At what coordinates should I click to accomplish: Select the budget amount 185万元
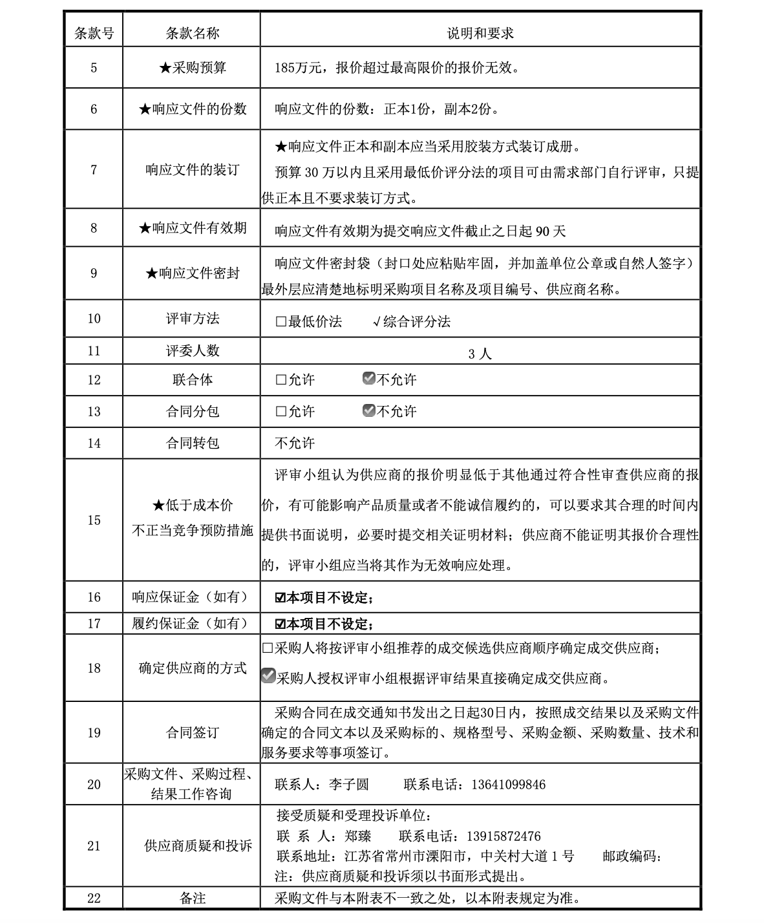pos(296,68)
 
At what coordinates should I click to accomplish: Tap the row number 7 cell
pos(94,170)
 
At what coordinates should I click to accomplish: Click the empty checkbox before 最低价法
pos(281,322)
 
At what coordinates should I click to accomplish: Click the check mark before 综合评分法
pos(377,322)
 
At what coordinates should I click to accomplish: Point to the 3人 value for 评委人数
pos(480,354)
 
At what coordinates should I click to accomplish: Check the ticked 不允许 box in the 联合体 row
pos(369,379)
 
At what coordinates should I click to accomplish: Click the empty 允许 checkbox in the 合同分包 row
pos(281,412)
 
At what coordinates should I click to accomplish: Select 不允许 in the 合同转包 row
pos(295,443)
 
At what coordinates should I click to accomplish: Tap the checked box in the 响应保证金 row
pos(281,598)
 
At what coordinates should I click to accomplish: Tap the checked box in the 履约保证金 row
pos(281,624)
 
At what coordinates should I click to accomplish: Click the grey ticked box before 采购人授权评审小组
pos(268,676)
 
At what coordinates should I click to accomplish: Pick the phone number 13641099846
pos(508,785)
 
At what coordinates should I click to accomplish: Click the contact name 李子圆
pos(348,785)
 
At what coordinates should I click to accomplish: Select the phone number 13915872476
pos(504,836)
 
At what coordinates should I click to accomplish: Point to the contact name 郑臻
pos(358,836)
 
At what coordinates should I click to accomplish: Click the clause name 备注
pos(192,898)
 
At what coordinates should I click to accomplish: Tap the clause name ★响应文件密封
pos(192,273)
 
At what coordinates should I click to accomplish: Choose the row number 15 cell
pos(94,520)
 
